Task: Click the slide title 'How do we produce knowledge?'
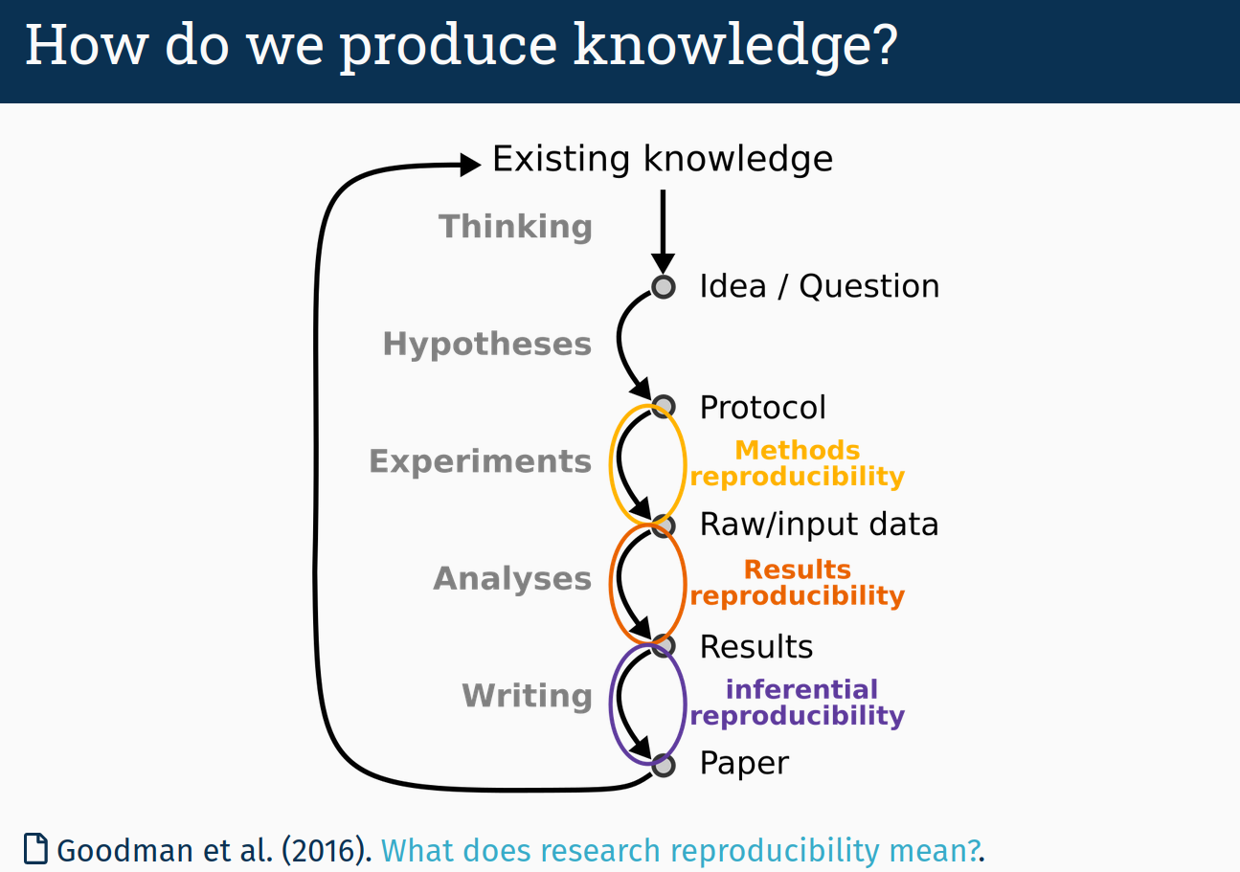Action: pos(461,46)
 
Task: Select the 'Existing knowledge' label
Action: pos(662,159)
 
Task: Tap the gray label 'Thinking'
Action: pos(515,227)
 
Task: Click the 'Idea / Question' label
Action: pos(819,286)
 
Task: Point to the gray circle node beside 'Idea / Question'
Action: pos(663,286)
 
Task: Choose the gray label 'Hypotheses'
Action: pos(487,345)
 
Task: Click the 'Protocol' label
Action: pos(762,408)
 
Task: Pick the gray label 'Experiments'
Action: pos(481,461)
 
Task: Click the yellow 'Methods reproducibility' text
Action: pos(797,463)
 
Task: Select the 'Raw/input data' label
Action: pos(819,525)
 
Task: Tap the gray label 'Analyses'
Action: pos(512,579)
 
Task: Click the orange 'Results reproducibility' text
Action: pos(797,582)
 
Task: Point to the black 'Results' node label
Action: pos(755,647)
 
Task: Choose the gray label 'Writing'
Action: pos(527,696)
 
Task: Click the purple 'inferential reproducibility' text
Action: pos(797,703)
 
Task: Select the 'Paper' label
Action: pos(744,764)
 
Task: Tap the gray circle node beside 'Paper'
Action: pos(663,765)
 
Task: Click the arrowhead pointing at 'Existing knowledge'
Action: pos(469,165)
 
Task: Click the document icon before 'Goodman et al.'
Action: pos(35,849)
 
